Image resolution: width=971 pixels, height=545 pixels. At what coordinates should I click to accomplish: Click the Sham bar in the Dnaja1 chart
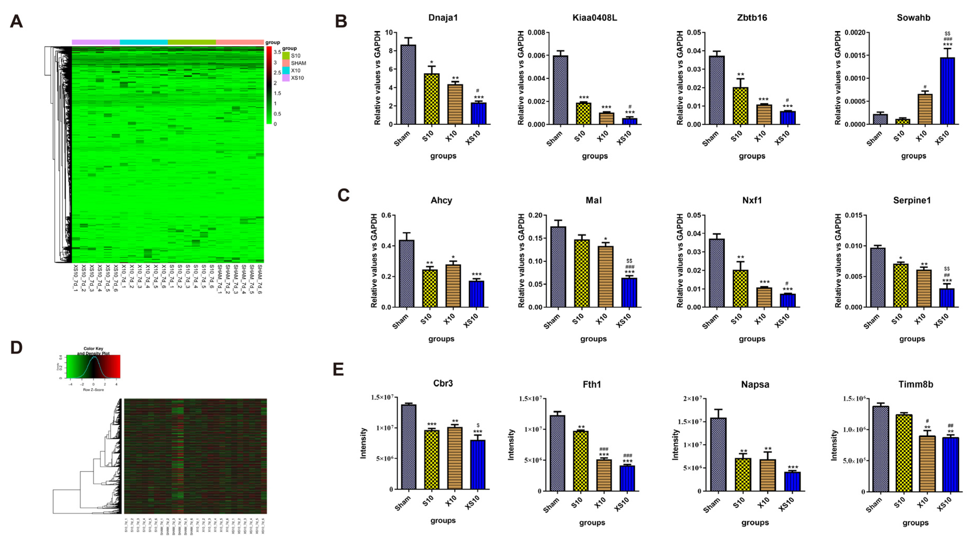click(x=408, y=85)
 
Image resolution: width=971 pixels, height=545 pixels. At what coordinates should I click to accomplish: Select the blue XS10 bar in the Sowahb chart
click(x=947, y=91)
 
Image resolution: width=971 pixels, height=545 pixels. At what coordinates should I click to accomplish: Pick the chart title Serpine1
click(x=911, y=200)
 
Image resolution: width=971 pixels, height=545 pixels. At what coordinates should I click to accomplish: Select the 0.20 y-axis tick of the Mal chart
click(x=535, y=216)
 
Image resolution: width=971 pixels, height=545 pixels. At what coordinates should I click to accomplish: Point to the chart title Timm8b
click(x=915, y=384)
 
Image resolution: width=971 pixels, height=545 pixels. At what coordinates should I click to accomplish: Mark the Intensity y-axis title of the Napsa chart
click(x=676, y=445)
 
